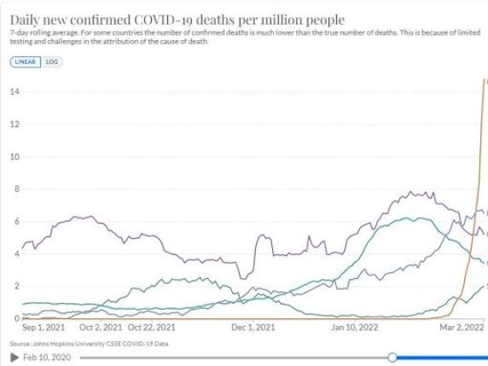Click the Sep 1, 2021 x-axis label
[44, 327]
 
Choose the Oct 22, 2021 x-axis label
[152, 327]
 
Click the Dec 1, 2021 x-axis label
[253, 327]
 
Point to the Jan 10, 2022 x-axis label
[355, 327]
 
